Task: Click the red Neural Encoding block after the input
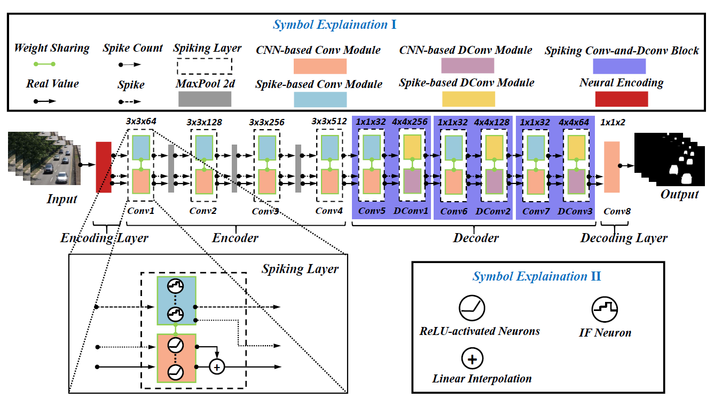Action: click(x=103, y=167)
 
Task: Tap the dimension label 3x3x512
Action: click(x=329, y=122)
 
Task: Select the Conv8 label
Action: click(x=617, y=211)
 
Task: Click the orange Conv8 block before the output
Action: click(x=611, y=167)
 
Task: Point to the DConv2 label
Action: click(x=493, y=211)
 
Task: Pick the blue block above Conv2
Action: click(x=204, y=147)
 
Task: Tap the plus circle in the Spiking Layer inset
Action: click(x=216, y=366)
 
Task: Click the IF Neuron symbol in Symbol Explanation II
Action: click(x=605, y=309)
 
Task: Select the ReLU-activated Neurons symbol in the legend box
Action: click(x=472, y=308)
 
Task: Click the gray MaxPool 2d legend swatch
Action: click(x=205, y=99)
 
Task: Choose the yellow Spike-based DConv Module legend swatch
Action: click(x=468, y=99)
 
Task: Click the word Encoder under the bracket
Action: click(x=235, y=238)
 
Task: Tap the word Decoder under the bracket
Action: click(x=476, y=238)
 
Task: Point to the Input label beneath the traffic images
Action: click(x=62, y=199)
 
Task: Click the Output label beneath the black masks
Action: click(x=679, y=194)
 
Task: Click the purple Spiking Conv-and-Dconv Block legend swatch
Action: click(x=619, y=66)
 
